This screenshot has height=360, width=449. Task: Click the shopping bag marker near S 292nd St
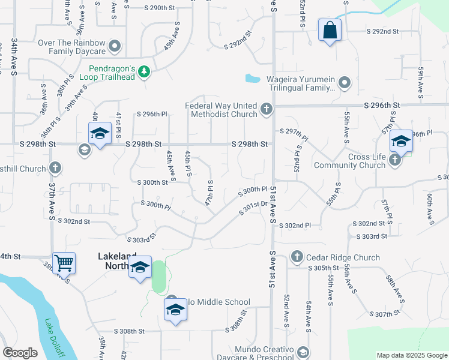click(330, 30)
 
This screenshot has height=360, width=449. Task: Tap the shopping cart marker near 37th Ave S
click(64, 263)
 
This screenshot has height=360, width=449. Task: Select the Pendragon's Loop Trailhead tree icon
click(143, 72)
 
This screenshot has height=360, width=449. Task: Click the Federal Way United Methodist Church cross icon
click(267, 109)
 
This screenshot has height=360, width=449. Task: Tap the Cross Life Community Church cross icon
click(394, 160)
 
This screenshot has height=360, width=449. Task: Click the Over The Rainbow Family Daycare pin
click(115, 46)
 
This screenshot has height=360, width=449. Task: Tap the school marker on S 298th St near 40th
click(100, 134)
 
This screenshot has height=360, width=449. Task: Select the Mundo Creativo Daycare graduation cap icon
click(303, 352)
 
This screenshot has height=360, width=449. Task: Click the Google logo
click(20, 353)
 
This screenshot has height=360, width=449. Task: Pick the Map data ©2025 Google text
click(411, 355)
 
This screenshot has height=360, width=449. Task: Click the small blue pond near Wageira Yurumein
click(253, 78)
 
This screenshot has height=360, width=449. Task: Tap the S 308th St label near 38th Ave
click(130, 331)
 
